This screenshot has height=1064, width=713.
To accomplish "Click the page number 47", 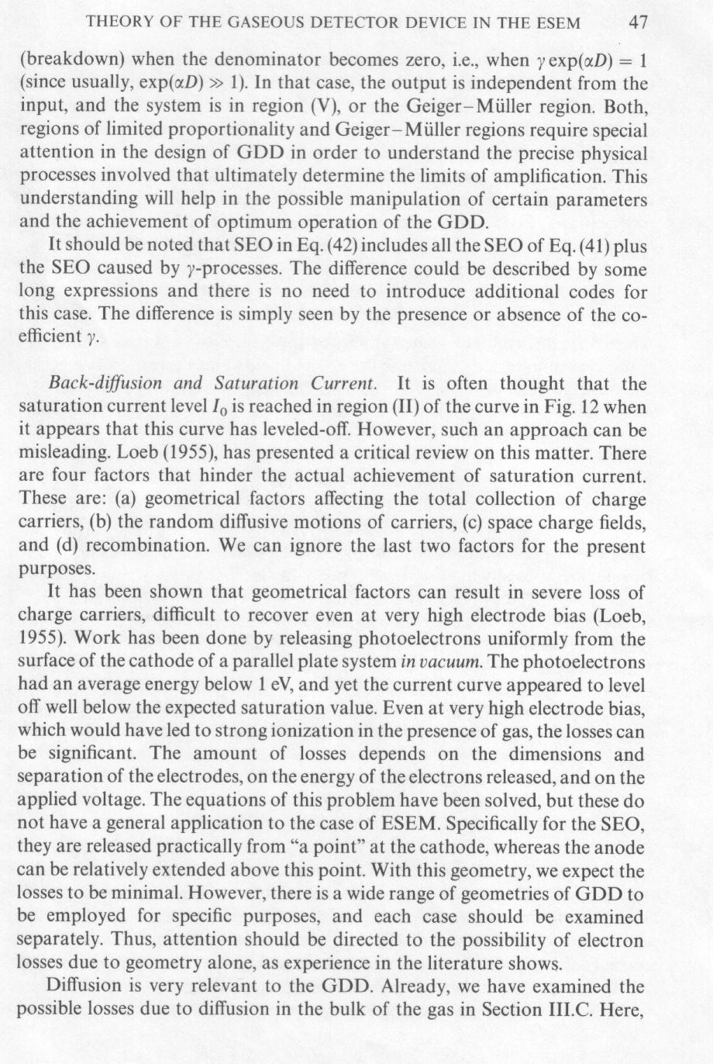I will [637, 22].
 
